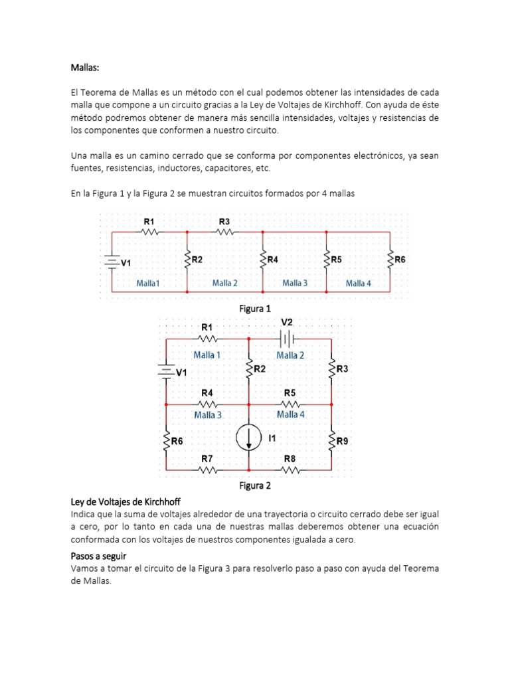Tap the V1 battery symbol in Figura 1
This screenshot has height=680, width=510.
click(x=111, y=262)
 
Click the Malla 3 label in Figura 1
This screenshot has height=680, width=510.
click(x=295, y=283)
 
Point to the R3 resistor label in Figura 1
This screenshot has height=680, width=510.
click(x=224, y=221)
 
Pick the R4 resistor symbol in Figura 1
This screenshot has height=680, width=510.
click(x=262, y=260)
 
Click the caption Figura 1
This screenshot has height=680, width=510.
click(x=255, y=309)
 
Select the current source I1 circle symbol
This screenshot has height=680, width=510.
click(x=249, y=438)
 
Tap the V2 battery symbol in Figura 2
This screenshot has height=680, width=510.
click(x=286, y=339)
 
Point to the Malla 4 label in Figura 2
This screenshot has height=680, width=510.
click(x=291, y=414)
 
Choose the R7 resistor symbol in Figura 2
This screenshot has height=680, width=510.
click(x=207, y=469)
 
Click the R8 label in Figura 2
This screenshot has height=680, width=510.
click(x=290, y=458)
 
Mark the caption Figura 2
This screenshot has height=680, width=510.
click(x=255, y=485)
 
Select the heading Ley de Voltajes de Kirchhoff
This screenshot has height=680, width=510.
click(x=126, y=501)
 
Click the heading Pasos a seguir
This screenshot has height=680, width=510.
click(x=98, y=555)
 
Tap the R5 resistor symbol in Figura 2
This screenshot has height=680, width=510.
click(x=290, y=404)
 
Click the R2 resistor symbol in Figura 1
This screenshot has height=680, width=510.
click(x=187, y=260)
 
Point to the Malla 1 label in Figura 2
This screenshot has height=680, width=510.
click(x=207, y=355)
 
